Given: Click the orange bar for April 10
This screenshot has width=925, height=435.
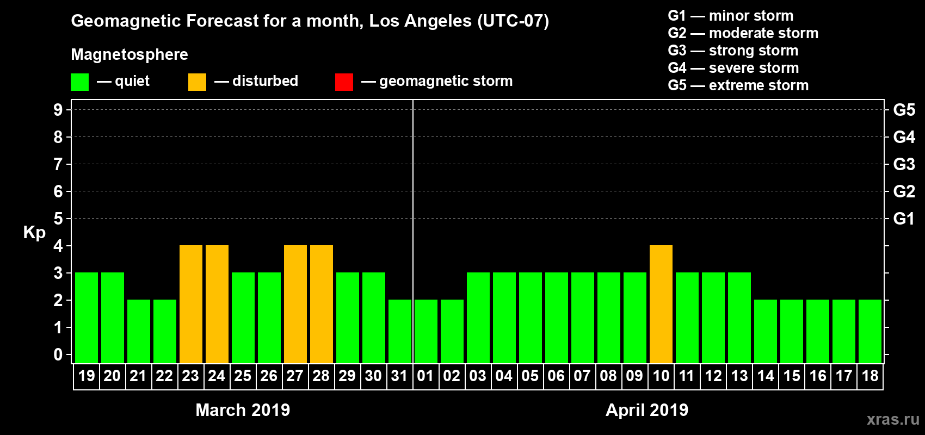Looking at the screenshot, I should (x=661, y=304).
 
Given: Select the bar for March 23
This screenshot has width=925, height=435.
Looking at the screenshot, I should (x=191, y=304).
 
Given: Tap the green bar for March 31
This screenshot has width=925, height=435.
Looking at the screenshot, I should (x=400, y=331).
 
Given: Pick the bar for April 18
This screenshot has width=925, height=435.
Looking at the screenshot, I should (x=870, y=331).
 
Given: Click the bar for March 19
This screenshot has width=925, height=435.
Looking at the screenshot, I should (x=87, y=318).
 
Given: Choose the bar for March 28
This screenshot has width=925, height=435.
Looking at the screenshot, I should (x=322, y=304).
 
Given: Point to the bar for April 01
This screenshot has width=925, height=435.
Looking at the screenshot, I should (x=426, y=331).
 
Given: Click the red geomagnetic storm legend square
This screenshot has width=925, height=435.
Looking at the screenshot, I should (x=344, y=82).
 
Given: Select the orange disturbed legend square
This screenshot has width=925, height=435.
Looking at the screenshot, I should (x=197, y=82).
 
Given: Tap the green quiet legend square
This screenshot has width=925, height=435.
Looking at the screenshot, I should (x=79, y=82).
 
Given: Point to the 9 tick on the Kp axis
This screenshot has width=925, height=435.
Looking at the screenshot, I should (x=58, y=110).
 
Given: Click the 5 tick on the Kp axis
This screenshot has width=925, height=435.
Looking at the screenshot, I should (x=58, y=219).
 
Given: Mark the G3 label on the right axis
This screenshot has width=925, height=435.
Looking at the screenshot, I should (x=904, y=164).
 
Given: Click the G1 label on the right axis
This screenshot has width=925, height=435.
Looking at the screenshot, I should (x=904, y=219).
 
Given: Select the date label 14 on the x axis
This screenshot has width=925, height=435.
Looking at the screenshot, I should (x=766, y=376).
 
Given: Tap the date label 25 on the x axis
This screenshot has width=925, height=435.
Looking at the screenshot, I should (x=243, y=376).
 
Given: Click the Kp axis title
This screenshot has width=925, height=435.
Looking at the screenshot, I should (x=34, y=232).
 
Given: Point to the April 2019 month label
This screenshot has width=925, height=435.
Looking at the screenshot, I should (x=647, y=410).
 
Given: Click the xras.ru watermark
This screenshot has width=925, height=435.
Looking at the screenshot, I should (x=893, y=419).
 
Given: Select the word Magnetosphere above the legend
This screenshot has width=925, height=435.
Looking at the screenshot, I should (x=129, y=54).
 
